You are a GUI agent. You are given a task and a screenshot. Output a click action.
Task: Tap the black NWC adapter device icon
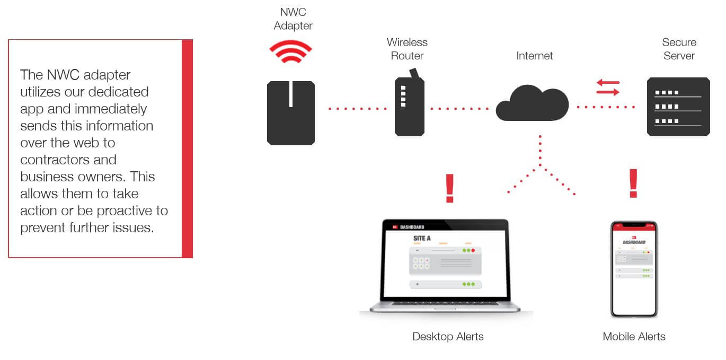point(290,112)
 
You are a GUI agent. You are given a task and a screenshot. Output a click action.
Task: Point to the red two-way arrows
point(607,87)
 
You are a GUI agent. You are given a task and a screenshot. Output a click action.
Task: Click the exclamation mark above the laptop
point(450,188)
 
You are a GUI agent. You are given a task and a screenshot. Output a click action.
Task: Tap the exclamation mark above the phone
point(633,183)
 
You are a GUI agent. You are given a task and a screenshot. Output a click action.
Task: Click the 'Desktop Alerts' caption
point(448,337)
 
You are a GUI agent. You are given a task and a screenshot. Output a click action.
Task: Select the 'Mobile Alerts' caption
point(634,337)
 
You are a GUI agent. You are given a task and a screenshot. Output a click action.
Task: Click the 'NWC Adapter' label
point(293,19)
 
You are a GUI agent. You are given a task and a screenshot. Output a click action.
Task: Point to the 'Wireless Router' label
point(407,49)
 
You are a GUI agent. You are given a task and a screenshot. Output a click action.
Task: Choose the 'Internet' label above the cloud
point(534,56)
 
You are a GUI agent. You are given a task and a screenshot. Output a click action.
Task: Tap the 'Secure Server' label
point(679,49)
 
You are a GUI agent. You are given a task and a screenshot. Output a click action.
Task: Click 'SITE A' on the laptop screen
point(422,238)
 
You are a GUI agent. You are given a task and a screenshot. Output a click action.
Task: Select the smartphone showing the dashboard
point(634,269)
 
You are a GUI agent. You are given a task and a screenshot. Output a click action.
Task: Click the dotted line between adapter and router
point(358,109)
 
